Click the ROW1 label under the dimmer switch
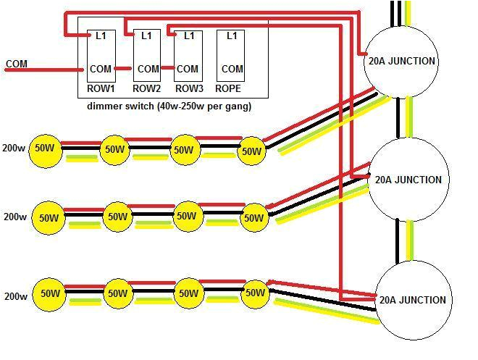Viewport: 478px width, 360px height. [x=101, y=89]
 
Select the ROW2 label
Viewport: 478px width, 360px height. [x=146, y=89]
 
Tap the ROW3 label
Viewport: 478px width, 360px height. [x=189, y=89]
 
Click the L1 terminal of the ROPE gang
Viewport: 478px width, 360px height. [x=232, y=35]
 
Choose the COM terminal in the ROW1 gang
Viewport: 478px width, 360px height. [x=101, y=70]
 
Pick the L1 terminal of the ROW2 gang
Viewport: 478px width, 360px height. [x=147, y=35]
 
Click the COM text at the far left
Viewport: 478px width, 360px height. [x=17, y=64]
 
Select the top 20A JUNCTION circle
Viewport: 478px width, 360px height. [x=402, y=62]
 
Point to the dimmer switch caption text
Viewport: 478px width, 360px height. [x=169, y=106]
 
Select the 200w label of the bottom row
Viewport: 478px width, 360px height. [x=15, y=296]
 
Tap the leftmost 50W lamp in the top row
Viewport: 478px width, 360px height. [x=45, y=148]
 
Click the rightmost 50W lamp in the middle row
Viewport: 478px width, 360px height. [x=253, y=217]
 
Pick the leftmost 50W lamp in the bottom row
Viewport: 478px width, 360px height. [x=49, y=294]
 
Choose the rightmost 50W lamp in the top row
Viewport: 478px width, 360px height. [x=251, y=151]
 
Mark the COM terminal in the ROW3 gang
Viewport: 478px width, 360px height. [x=188, y=70]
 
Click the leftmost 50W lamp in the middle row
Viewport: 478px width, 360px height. [x=49, y=218]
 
